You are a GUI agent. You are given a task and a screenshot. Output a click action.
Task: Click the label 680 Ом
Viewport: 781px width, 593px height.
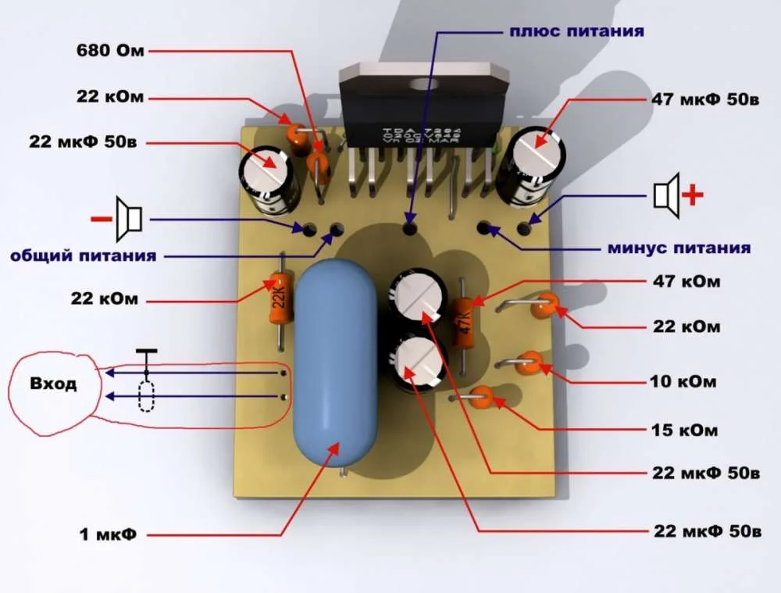tap(110, 50)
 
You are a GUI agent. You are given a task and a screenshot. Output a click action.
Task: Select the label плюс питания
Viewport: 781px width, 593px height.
tap(576, 31)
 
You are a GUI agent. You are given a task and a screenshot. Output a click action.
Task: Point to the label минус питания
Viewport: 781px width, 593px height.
tap(679, 248)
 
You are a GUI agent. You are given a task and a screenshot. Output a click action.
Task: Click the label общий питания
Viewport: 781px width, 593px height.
tap(84, 255)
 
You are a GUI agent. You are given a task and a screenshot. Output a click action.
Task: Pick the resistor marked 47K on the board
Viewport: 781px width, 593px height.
tap(463, 321)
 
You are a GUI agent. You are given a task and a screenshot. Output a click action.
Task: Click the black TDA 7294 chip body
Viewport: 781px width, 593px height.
tap(424, 106)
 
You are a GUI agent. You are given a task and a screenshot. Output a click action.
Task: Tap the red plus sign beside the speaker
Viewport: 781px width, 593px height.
tap(693, 195)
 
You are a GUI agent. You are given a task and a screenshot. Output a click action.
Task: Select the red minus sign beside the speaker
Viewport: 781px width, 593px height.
tap(101, 219)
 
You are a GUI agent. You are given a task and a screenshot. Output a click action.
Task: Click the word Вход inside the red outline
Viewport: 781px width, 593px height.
tap(53, 384)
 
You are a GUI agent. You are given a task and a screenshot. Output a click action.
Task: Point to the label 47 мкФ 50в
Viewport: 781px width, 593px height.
tap(705, 99)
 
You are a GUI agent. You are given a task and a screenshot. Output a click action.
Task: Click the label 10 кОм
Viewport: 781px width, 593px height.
tap(683, 381)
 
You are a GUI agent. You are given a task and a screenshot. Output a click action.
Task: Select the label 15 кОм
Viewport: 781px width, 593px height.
tap(684, 430)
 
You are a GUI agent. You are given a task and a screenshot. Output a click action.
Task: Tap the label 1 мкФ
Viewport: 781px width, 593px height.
tap(108, 534)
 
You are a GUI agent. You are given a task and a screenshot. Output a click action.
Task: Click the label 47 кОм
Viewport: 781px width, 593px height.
tap(686, 281)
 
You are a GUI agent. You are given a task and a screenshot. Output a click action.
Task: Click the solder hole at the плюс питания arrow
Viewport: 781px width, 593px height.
tap(410, 229)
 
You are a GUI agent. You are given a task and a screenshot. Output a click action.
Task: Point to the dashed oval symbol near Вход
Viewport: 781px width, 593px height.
tap(146, 397)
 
